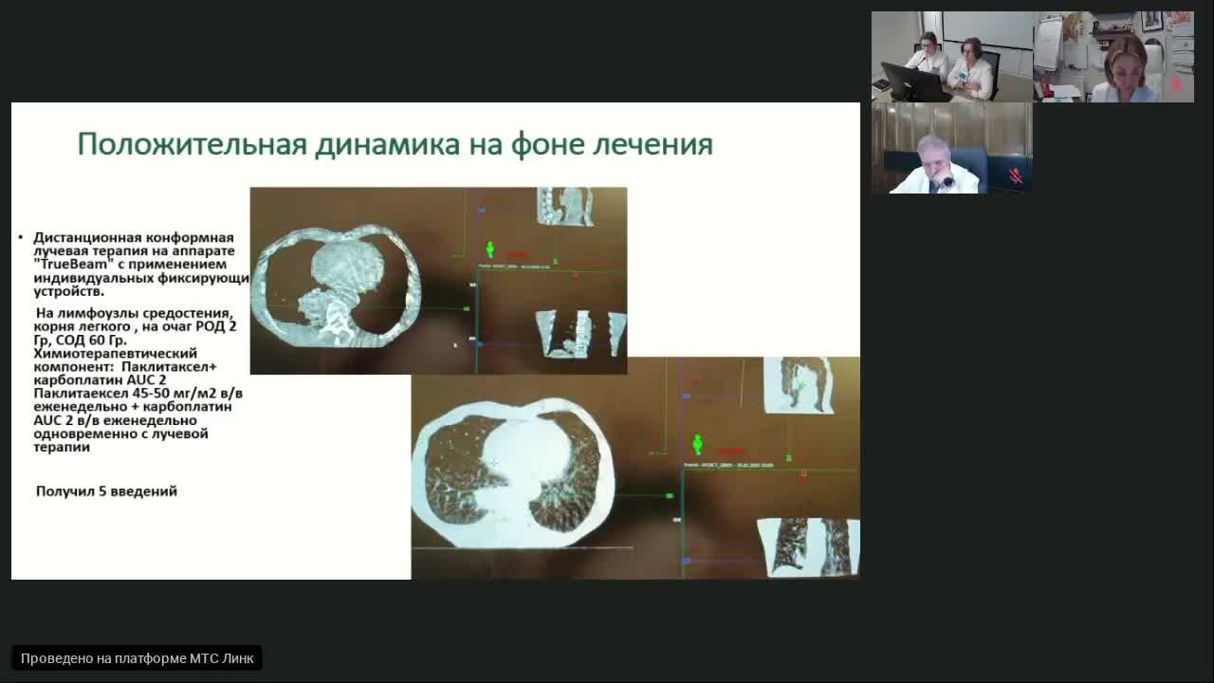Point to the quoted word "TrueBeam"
point(71,265)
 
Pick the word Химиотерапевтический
point(116,353)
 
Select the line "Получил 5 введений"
point(106,491)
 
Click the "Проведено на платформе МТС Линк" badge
point(137,658)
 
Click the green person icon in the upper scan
point(490,249)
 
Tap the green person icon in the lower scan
point(698,443)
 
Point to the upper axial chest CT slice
point(337,286)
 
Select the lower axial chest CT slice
point(513,472)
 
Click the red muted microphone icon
point(1014,175)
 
